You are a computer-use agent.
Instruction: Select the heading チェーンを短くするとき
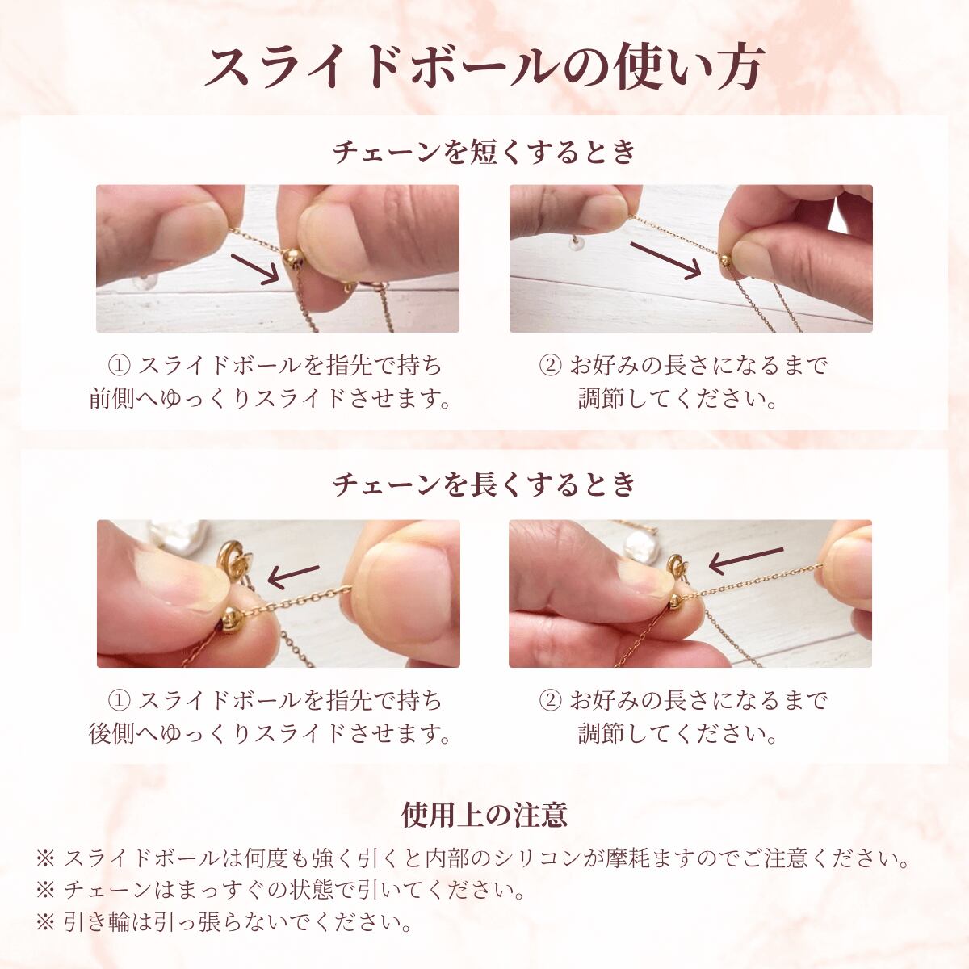click(x=484, y=151)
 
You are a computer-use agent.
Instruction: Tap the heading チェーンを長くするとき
click(x=484, y=485)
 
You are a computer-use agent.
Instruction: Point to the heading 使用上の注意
click(x=484, y=815)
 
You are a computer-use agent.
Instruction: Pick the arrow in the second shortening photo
click(x=665, y=260)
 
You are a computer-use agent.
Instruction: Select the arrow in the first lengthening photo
click(x=293, y=575)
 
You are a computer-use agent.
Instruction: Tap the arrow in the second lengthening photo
click(x=746, y=560)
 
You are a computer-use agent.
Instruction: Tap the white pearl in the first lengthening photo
click(x=178, y=534)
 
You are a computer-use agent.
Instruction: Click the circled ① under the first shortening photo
click(x=120, y=366)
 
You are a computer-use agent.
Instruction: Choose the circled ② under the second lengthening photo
click(x=550, y=700)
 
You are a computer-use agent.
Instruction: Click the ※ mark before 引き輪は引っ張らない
click(x=46, y=922)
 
